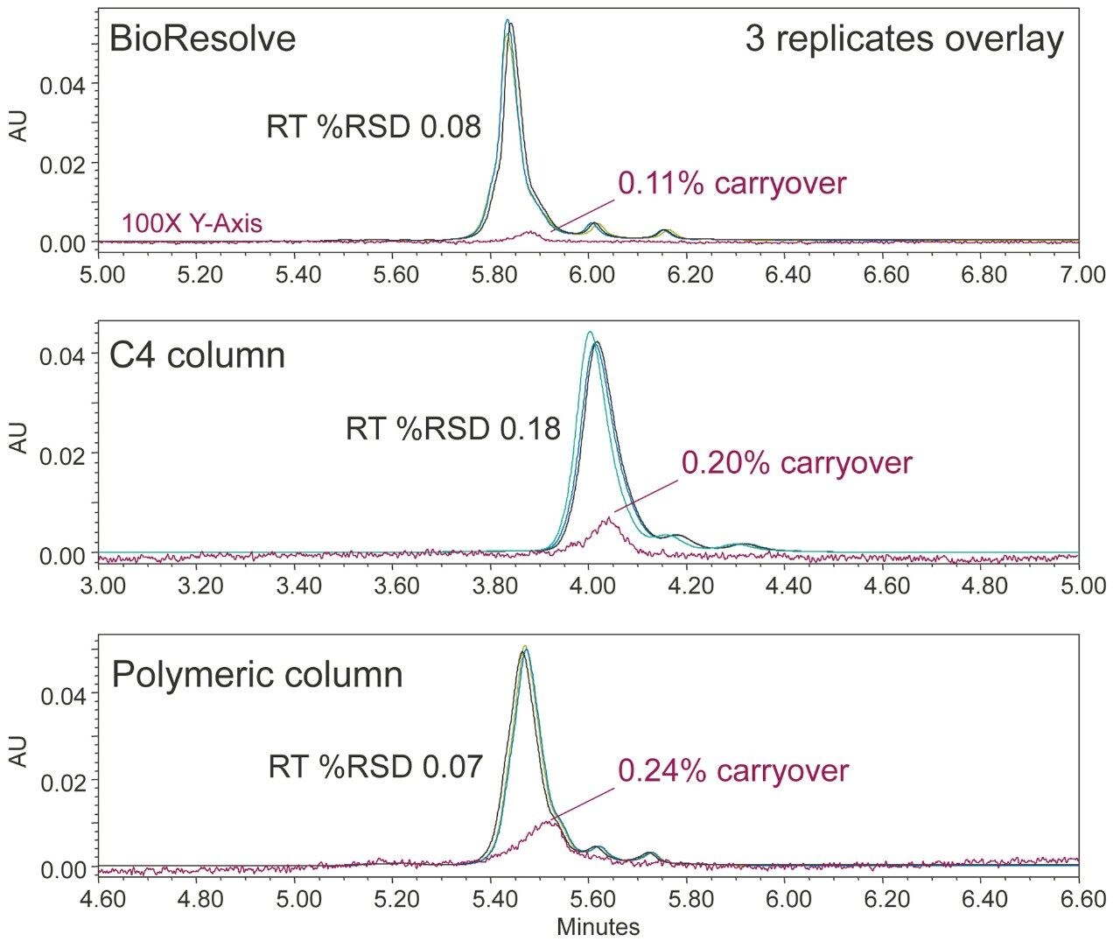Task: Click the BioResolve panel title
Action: click(201, 39)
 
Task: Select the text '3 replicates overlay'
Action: click(905, 39)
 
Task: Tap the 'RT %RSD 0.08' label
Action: click(374, 128)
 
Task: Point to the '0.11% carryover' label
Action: click(731, 183)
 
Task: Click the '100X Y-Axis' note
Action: click(192, 224)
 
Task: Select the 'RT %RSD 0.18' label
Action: click(452, 430)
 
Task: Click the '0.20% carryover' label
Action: click(796, 463)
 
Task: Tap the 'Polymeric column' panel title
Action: click(257, 675)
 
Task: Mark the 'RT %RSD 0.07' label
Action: click(375, 768)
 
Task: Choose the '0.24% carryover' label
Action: click(733, 770)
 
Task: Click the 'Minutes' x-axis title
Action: click(598, 926)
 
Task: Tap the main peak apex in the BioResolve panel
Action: click(508, 22)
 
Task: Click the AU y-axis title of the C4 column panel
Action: click(17, 439)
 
